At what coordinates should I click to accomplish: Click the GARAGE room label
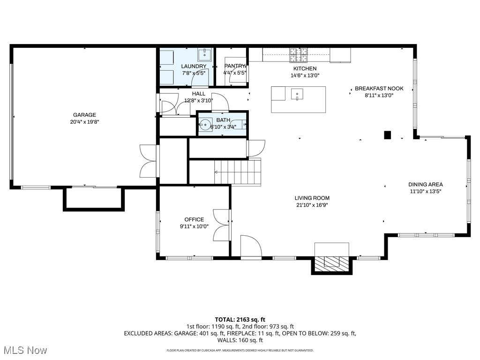84,115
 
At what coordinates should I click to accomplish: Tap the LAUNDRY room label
194,67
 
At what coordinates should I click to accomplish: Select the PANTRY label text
235,66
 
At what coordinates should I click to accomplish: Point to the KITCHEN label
304,69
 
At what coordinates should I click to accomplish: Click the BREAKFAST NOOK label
379,89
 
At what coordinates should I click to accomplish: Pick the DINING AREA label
425,185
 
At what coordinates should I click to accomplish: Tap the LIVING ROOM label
312,198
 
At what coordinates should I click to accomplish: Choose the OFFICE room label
194,219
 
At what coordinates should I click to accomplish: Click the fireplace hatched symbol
332,263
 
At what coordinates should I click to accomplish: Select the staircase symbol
238,172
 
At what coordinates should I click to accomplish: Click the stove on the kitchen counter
298,55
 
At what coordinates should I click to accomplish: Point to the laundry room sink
204,55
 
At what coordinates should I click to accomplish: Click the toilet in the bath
238,125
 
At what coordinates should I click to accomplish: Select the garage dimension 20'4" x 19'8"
84,122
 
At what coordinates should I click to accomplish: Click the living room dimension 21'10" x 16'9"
312,205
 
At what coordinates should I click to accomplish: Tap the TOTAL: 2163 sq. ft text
240,319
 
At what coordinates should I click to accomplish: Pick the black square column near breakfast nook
387,135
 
